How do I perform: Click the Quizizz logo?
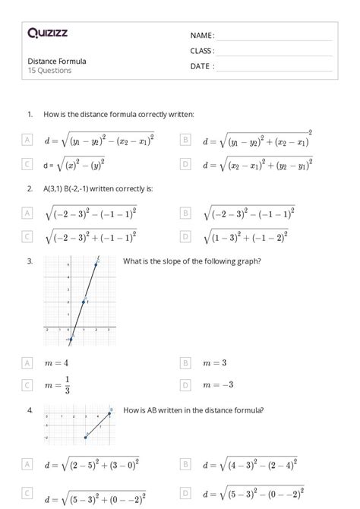pyautogui.click(x=47, y=33)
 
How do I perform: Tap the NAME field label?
pyautogui.click(x=202, y=36)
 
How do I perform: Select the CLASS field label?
pyautogui.click(x=202, y=51)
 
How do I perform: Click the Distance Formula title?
pyautogui.click(x=57, y=61)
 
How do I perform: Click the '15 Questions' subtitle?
pyautogui.click(x=49, y=71)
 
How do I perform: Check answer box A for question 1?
pyautogui.click(x=27, y=140)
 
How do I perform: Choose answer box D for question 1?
pyautogui.click(x=185, y=163)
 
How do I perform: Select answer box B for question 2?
pyautogui.click(x=185, y=213)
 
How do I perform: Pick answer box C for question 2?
pyautogui.click(x=27, y=237)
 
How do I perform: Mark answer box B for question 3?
pyautogui.click(x=185, y=363)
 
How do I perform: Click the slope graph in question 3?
pyautogui.click(x=79, y=300)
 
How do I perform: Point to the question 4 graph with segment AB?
pyautogui.click(x=79, y=425)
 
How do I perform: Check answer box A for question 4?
pyautogui.click(x=27, y=463)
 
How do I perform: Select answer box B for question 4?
pyautogui.click(x=185, y=463)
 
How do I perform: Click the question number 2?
pyautogui.click(x=30, y=188)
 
